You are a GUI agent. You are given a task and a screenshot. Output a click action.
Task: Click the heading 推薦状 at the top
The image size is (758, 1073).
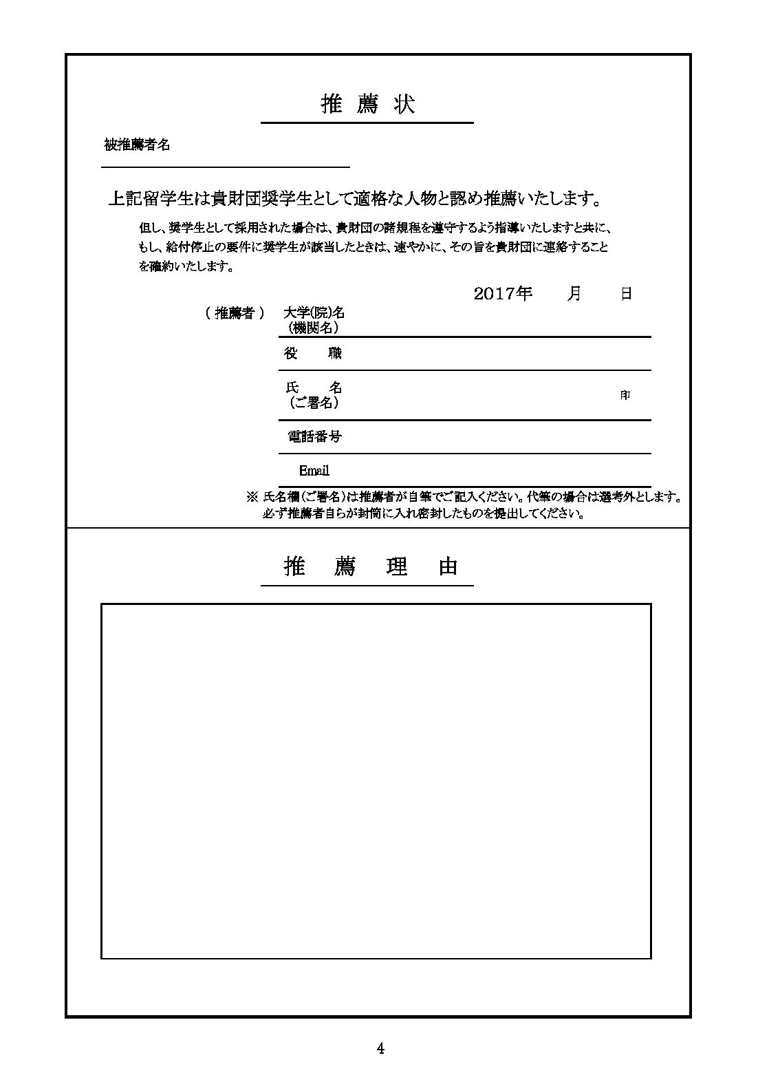click(x=367, y=105)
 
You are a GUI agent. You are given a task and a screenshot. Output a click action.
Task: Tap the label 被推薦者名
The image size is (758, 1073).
click(x=137, y=145)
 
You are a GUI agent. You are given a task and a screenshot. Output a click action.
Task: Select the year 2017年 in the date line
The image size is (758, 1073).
click(x=503, y=294)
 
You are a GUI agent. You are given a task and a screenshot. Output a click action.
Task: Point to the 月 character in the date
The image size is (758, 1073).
click(x=574, y=294)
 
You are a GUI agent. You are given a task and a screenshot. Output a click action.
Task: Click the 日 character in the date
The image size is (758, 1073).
click(x=626, y=294)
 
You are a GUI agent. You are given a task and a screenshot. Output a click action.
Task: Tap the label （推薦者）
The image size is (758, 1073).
click(x=235, y=313)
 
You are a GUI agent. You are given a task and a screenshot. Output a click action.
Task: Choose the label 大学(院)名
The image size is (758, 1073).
click(x=314, y=312)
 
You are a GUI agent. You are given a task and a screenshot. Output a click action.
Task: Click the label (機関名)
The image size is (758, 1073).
click(x=313, y=328)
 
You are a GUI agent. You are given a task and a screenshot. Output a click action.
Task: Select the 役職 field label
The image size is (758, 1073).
click(x=313, y=354)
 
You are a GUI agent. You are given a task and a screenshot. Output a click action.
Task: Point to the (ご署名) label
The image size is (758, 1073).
click(x=313, y=403)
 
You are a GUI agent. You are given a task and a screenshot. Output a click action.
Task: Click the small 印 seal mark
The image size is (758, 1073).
click(x=625, y=396)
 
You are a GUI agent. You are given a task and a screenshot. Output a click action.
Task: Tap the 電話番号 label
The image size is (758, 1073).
click(x=314, y=436)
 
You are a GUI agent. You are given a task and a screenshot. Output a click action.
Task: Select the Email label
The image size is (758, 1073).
click(x=314, y=471)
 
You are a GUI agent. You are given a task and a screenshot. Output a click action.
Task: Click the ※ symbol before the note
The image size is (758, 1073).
click(x=251, y=496)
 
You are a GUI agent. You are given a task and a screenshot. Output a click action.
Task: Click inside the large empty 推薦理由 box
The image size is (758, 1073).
click(x=376, y=780)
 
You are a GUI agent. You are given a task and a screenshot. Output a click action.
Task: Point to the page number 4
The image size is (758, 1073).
click(x=380, y=1049)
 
